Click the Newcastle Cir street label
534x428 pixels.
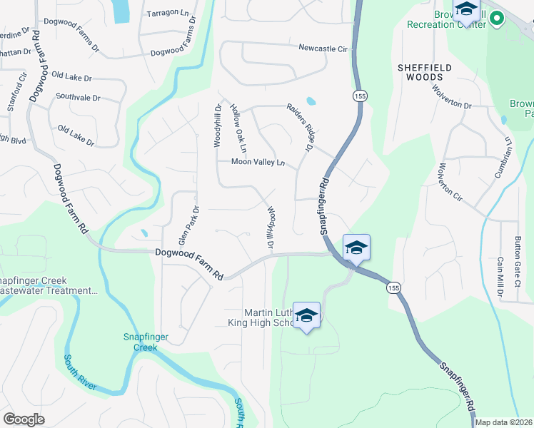323,49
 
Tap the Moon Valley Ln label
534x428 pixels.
258,162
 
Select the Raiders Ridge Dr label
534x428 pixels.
300,127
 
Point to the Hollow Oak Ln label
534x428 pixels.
238,129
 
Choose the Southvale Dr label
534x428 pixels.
78,96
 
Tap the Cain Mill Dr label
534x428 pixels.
500,277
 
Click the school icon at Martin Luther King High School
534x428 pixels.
306,316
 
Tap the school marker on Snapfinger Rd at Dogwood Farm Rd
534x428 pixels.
356,248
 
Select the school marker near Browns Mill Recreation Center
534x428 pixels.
466,11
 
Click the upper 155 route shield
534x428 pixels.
357,96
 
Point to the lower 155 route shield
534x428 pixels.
392,287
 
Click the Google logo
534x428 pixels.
24,419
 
